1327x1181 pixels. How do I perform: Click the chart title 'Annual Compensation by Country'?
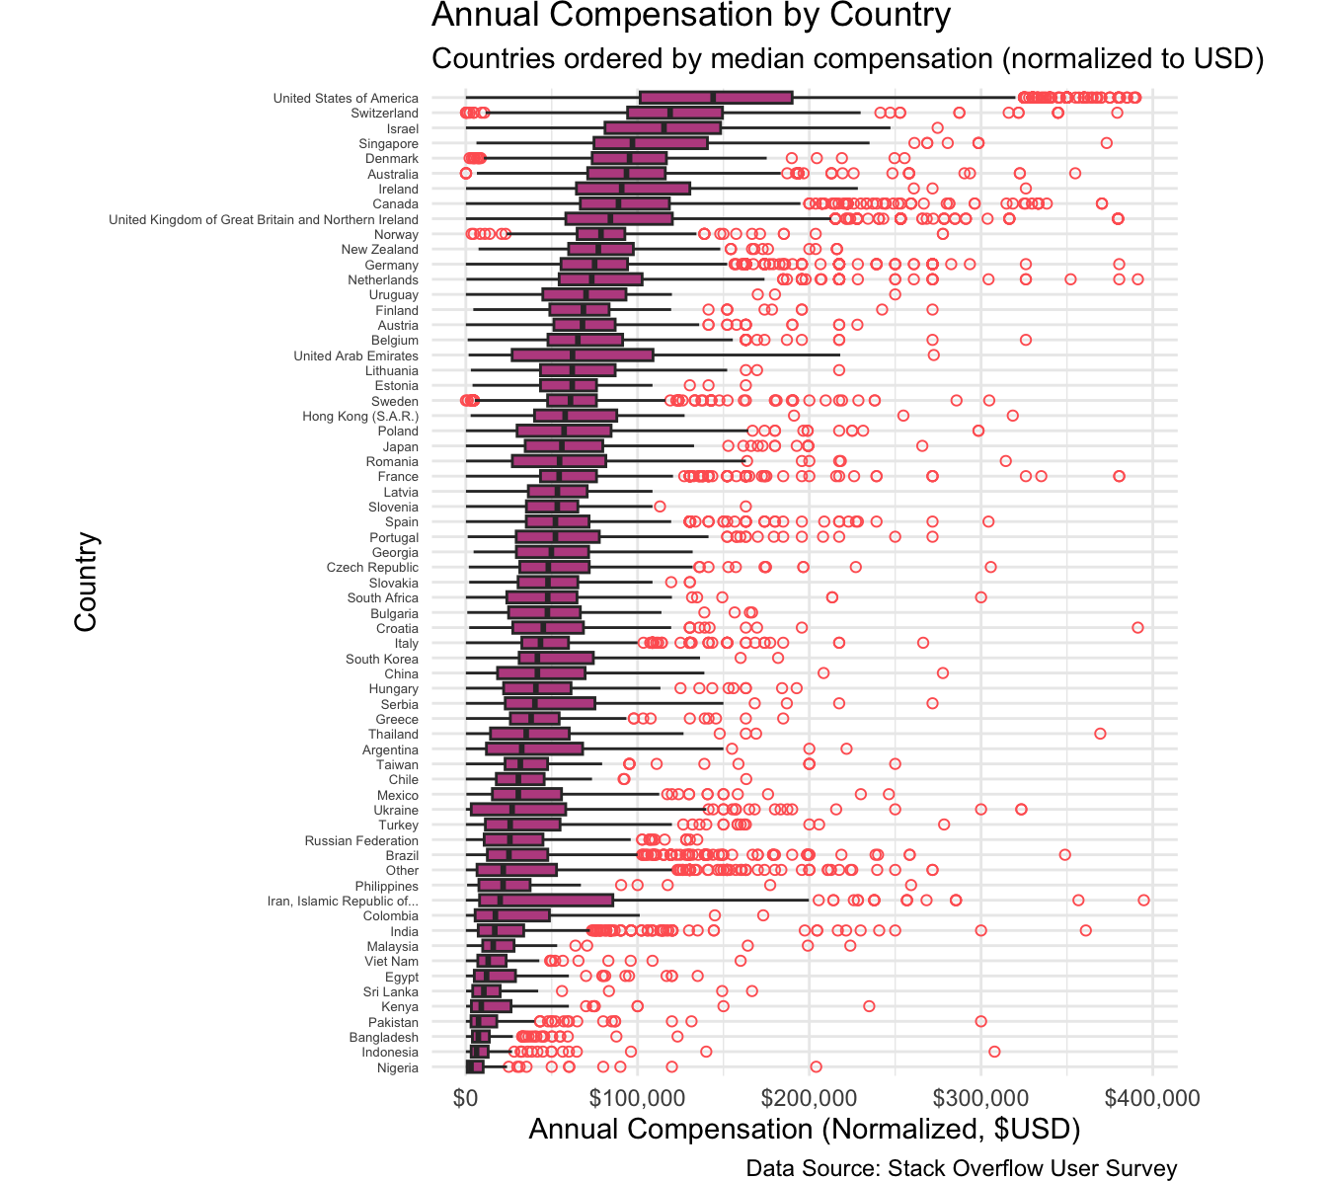tap(691, 16)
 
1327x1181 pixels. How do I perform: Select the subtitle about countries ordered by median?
tap(847, 59)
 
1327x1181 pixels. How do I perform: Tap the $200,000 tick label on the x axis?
tap(810, 1098)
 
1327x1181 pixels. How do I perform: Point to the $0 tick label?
tap(466, 1098)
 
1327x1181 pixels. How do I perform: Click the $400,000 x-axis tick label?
tap(1151, 1098)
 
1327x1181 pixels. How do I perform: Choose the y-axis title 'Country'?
tap(87, 583)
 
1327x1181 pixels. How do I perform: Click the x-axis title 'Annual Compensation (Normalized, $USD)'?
tap(804, 1130)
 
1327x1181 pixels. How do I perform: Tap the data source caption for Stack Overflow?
tap(961, 1169)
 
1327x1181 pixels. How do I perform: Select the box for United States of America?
tap(716, 98)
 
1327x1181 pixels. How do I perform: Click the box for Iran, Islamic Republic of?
tap(546, 901)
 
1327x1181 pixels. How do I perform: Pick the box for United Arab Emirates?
tap(583, 355)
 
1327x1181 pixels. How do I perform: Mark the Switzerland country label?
tap(384, 114)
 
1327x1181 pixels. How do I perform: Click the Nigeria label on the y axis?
tap(397, 1067)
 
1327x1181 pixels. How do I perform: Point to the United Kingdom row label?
tap(263, 219)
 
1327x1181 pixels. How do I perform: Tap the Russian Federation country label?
tap(361, 840)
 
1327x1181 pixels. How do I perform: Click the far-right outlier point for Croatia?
tap(1137, 628)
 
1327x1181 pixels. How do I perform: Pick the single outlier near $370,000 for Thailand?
tap(1100, 734)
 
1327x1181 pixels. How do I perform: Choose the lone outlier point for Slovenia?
tap(660, 507)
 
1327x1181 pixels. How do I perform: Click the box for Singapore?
tap(651, 143)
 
